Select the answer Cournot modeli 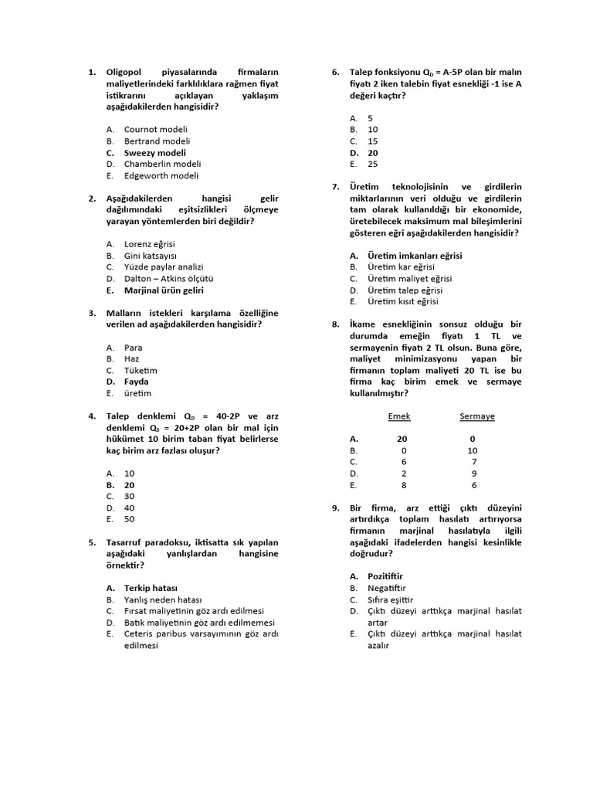(156, 130)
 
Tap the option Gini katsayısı (151, 256)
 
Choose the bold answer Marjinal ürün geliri (164, 290)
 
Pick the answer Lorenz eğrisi (150, 244)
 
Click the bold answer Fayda (137, 382)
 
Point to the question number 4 (91, 416)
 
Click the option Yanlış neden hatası (163, 599)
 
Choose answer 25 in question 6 (373, 165)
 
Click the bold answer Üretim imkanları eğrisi (415, 256)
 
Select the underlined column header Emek (398, 416)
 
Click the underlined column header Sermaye (477, 416)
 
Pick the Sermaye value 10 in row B (473, 450)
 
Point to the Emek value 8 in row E (403, 485)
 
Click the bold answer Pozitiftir (385, 576)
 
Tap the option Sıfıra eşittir (391, 599)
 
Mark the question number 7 (335, 187)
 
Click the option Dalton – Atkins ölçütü (168, 279)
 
